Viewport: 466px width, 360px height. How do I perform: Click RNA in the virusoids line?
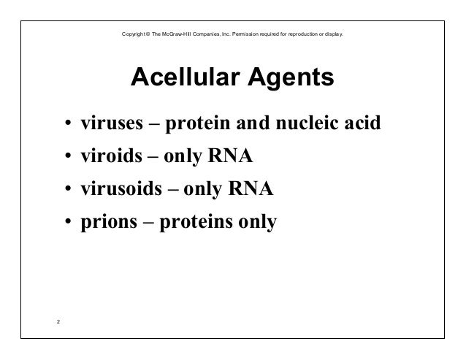252,190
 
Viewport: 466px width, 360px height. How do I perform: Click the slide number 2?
58,319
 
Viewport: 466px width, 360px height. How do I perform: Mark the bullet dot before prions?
66,224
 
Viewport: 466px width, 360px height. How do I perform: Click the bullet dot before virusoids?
66,191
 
